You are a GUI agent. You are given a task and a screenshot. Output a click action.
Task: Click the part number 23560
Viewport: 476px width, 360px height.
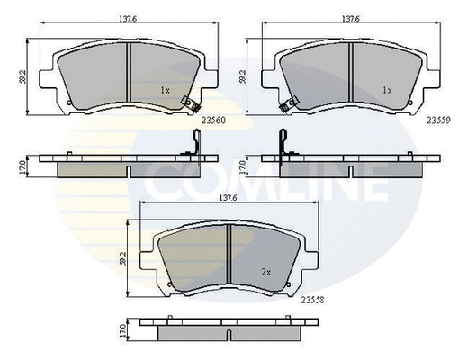pyautogui.click(x=214, y=121)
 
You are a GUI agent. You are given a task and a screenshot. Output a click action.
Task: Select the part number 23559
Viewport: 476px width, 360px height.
pyautogui.click(x=438, y=121)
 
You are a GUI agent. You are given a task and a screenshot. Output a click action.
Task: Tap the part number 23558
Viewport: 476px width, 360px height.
pyautogui.click(x=312, y=300)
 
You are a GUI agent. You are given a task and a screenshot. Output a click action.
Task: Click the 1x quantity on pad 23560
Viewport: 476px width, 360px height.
pyautogui.click(x=166, y=90)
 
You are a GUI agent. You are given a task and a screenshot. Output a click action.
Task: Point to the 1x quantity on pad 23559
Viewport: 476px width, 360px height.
pyautogui.click(x=387, y=90)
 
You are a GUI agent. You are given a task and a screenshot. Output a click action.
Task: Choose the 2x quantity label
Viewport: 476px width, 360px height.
pyautogui.click(x=266, y=273)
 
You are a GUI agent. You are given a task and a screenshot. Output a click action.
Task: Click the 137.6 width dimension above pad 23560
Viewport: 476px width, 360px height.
pyautogui.click(x=128, y=19)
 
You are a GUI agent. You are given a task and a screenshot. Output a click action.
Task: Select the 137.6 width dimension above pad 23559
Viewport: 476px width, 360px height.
pyautogui.click(x=351, y=19)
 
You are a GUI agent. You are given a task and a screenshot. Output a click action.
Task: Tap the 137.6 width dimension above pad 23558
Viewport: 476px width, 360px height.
pyautogui.click(x=228, y=198)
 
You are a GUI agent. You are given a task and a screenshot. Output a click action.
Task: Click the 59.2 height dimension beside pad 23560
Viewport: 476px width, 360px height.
pyautogui.click(x=22, y=76)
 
